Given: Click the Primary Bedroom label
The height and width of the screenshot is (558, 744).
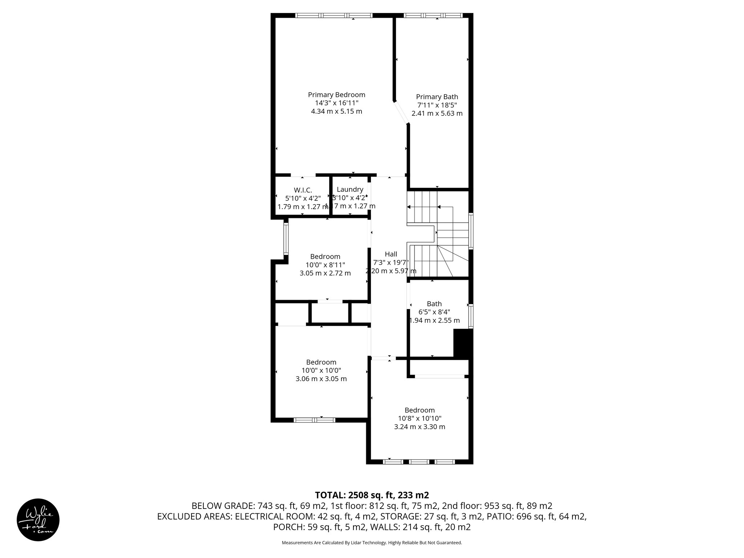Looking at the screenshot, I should click(x=336, y=95).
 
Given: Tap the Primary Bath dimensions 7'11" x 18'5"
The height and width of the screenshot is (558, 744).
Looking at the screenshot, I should click(x=437, y=105).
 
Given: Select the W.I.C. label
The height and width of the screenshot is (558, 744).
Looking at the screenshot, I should click(x=303, y=190).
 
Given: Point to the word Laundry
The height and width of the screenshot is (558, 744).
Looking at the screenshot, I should click(x=350, y=189).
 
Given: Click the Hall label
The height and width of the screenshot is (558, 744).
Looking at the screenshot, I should click(x=391, y=254).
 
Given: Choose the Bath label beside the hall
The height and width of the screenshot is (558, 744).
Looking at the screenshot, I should click(x=434, y=304).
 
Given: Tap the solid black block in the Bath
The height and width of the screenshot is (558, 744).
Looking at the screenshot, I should click(x=463, y=343).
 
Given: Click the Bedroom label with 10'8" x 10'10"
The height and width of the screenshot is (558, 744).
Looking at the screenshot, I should click(x=420, y=410).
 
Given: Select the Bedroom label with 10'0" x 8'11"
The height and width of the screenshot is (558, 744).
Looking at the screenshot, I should click(x=325, y=256).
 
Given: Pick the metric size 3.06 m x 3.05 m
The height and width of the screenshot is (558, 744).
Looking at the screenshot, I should click(x=321, y=379).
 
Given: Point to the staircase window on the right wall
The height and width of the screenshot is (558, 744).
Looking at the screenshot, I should click(x=471, y=231).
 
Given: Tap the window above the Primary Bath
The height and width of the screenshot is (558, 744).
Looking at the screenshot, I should click(x=433, y=15).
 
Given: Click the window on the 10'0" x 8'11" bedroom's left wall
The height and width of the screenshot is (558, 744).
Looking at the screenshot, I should click(x=286, y=238).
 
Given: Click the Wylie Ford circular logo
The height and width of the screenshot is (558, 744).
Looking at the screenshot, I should click(x=38, y=519).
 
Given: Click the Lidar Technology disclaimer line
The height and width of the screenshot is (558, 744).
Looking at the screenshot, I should click(x=372, y=543).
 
